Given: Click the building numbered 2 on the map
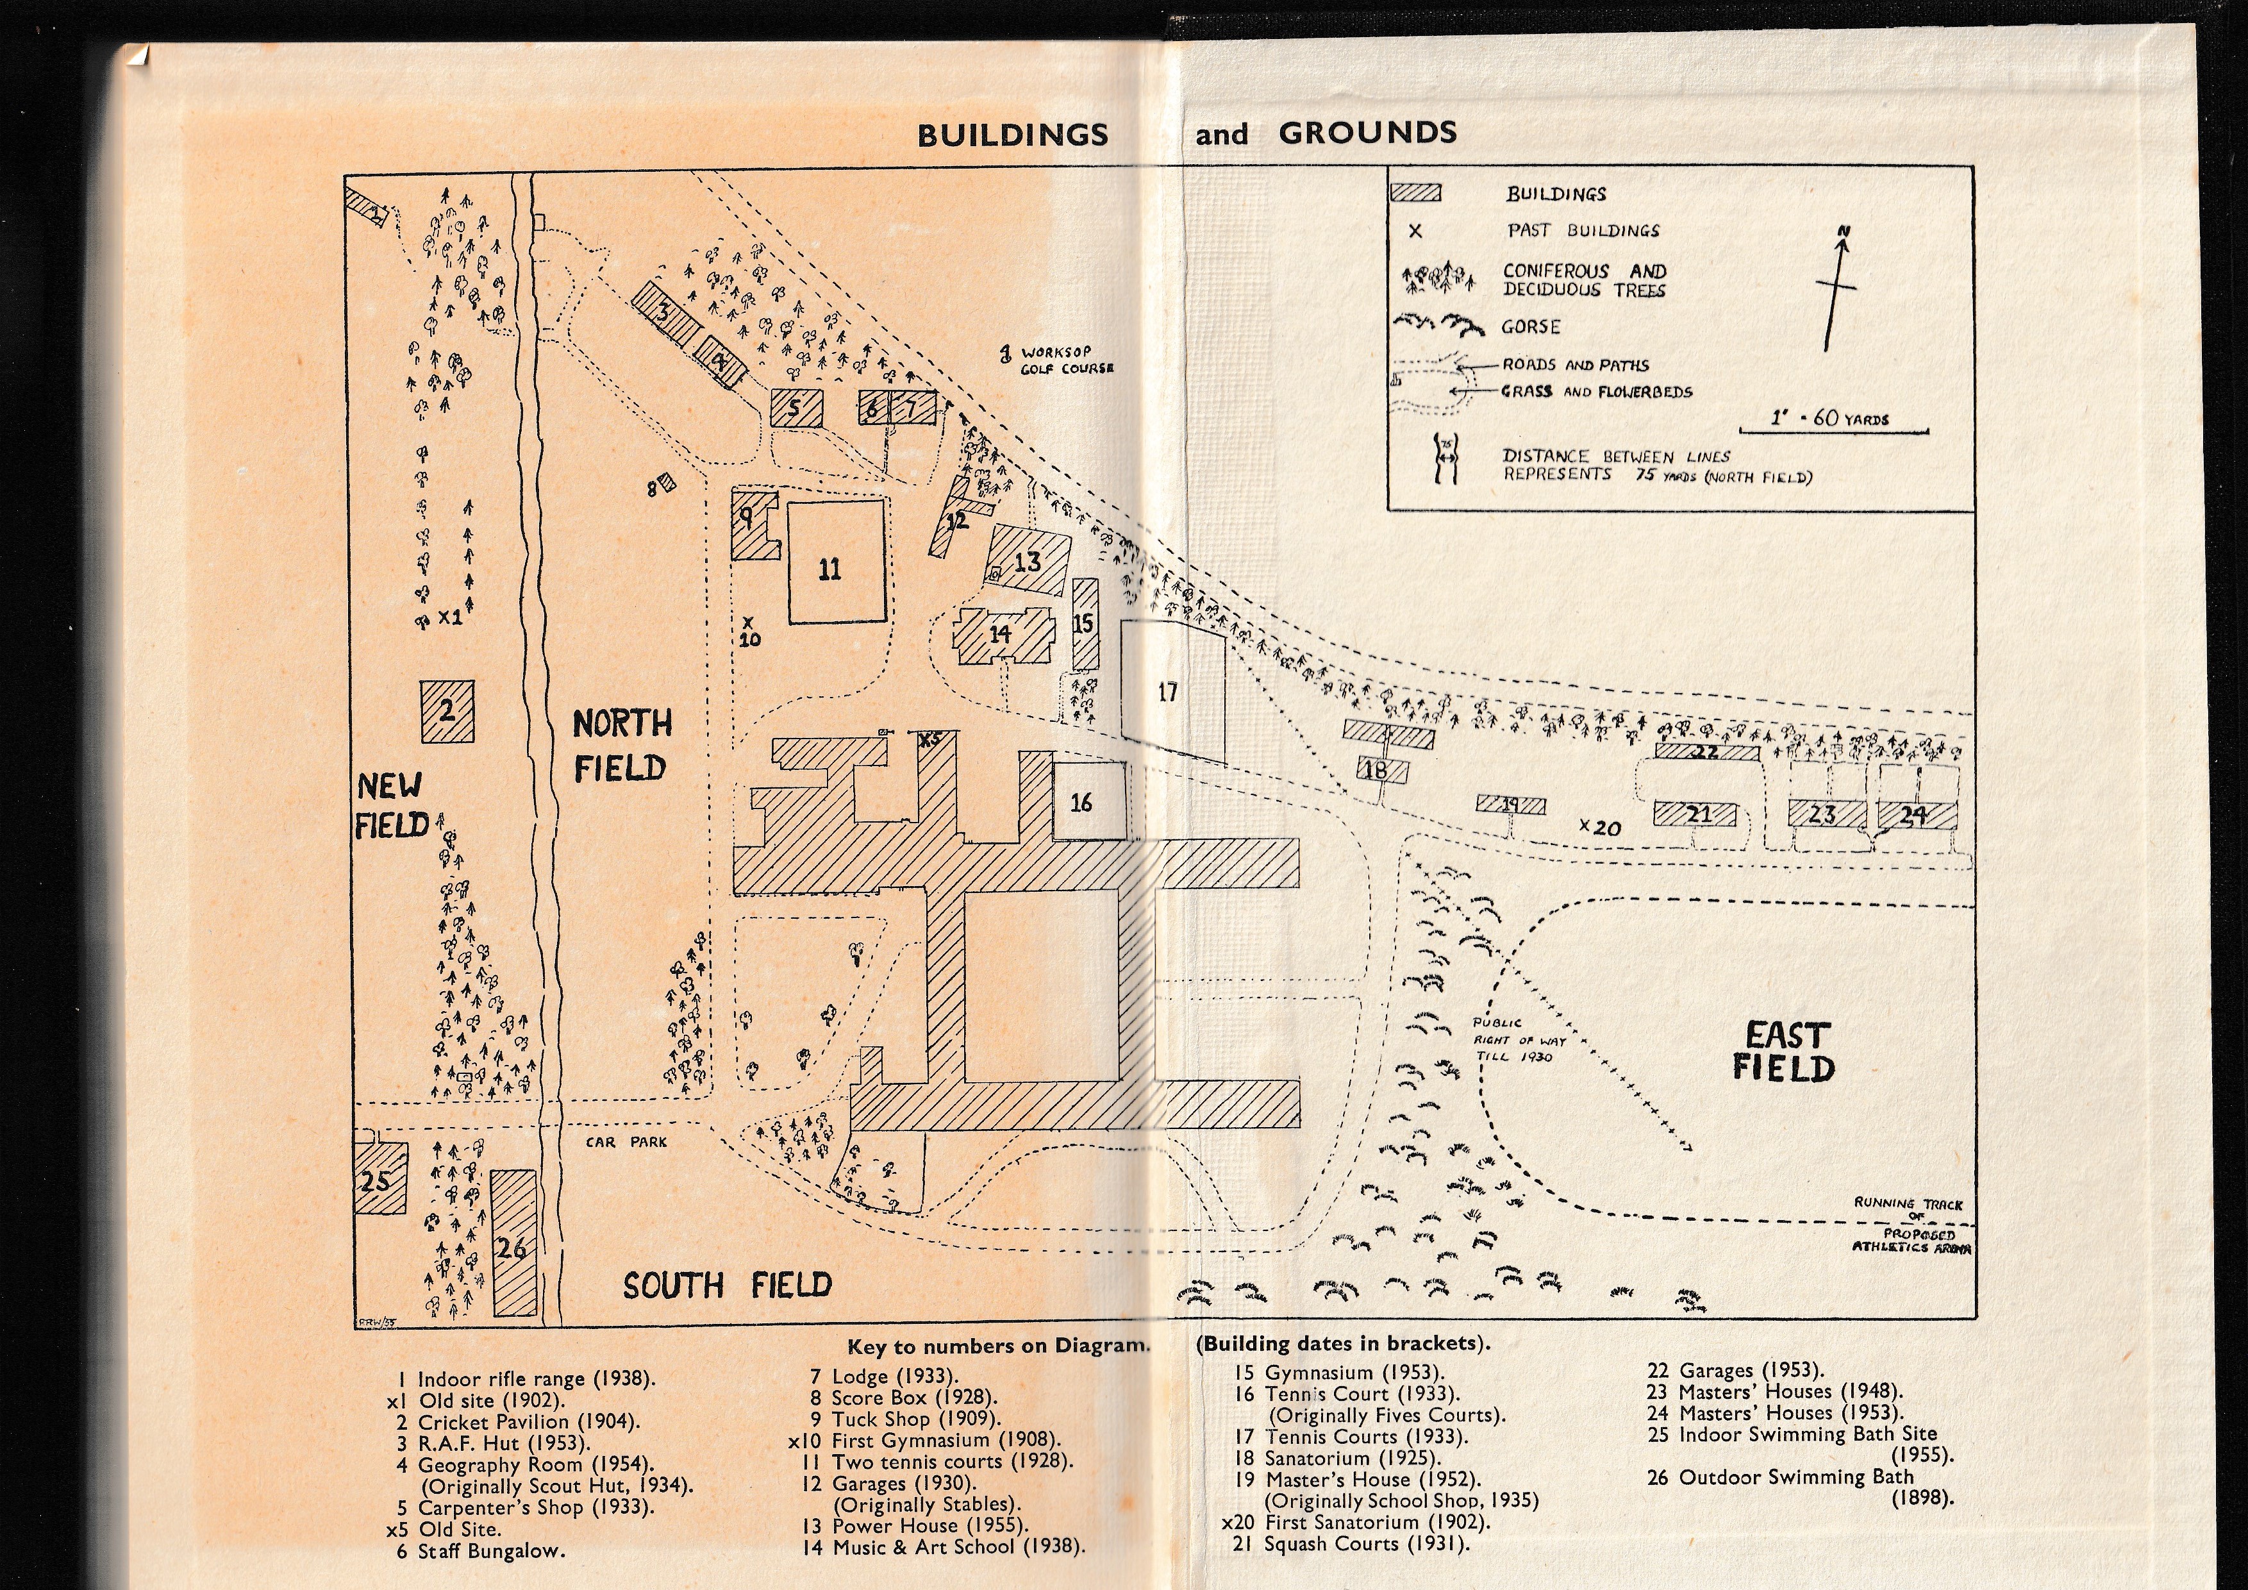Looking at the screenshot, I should pos(447,711).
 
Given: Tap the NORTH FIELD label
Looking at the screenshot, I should pos(622,746).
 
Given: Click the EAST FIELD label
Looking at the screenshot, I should pos(1784,1051).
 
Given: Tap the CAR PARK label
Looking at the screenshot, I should pos(627,1142).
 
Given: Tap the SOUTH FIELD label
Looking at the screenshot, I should pos(728,1285).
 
